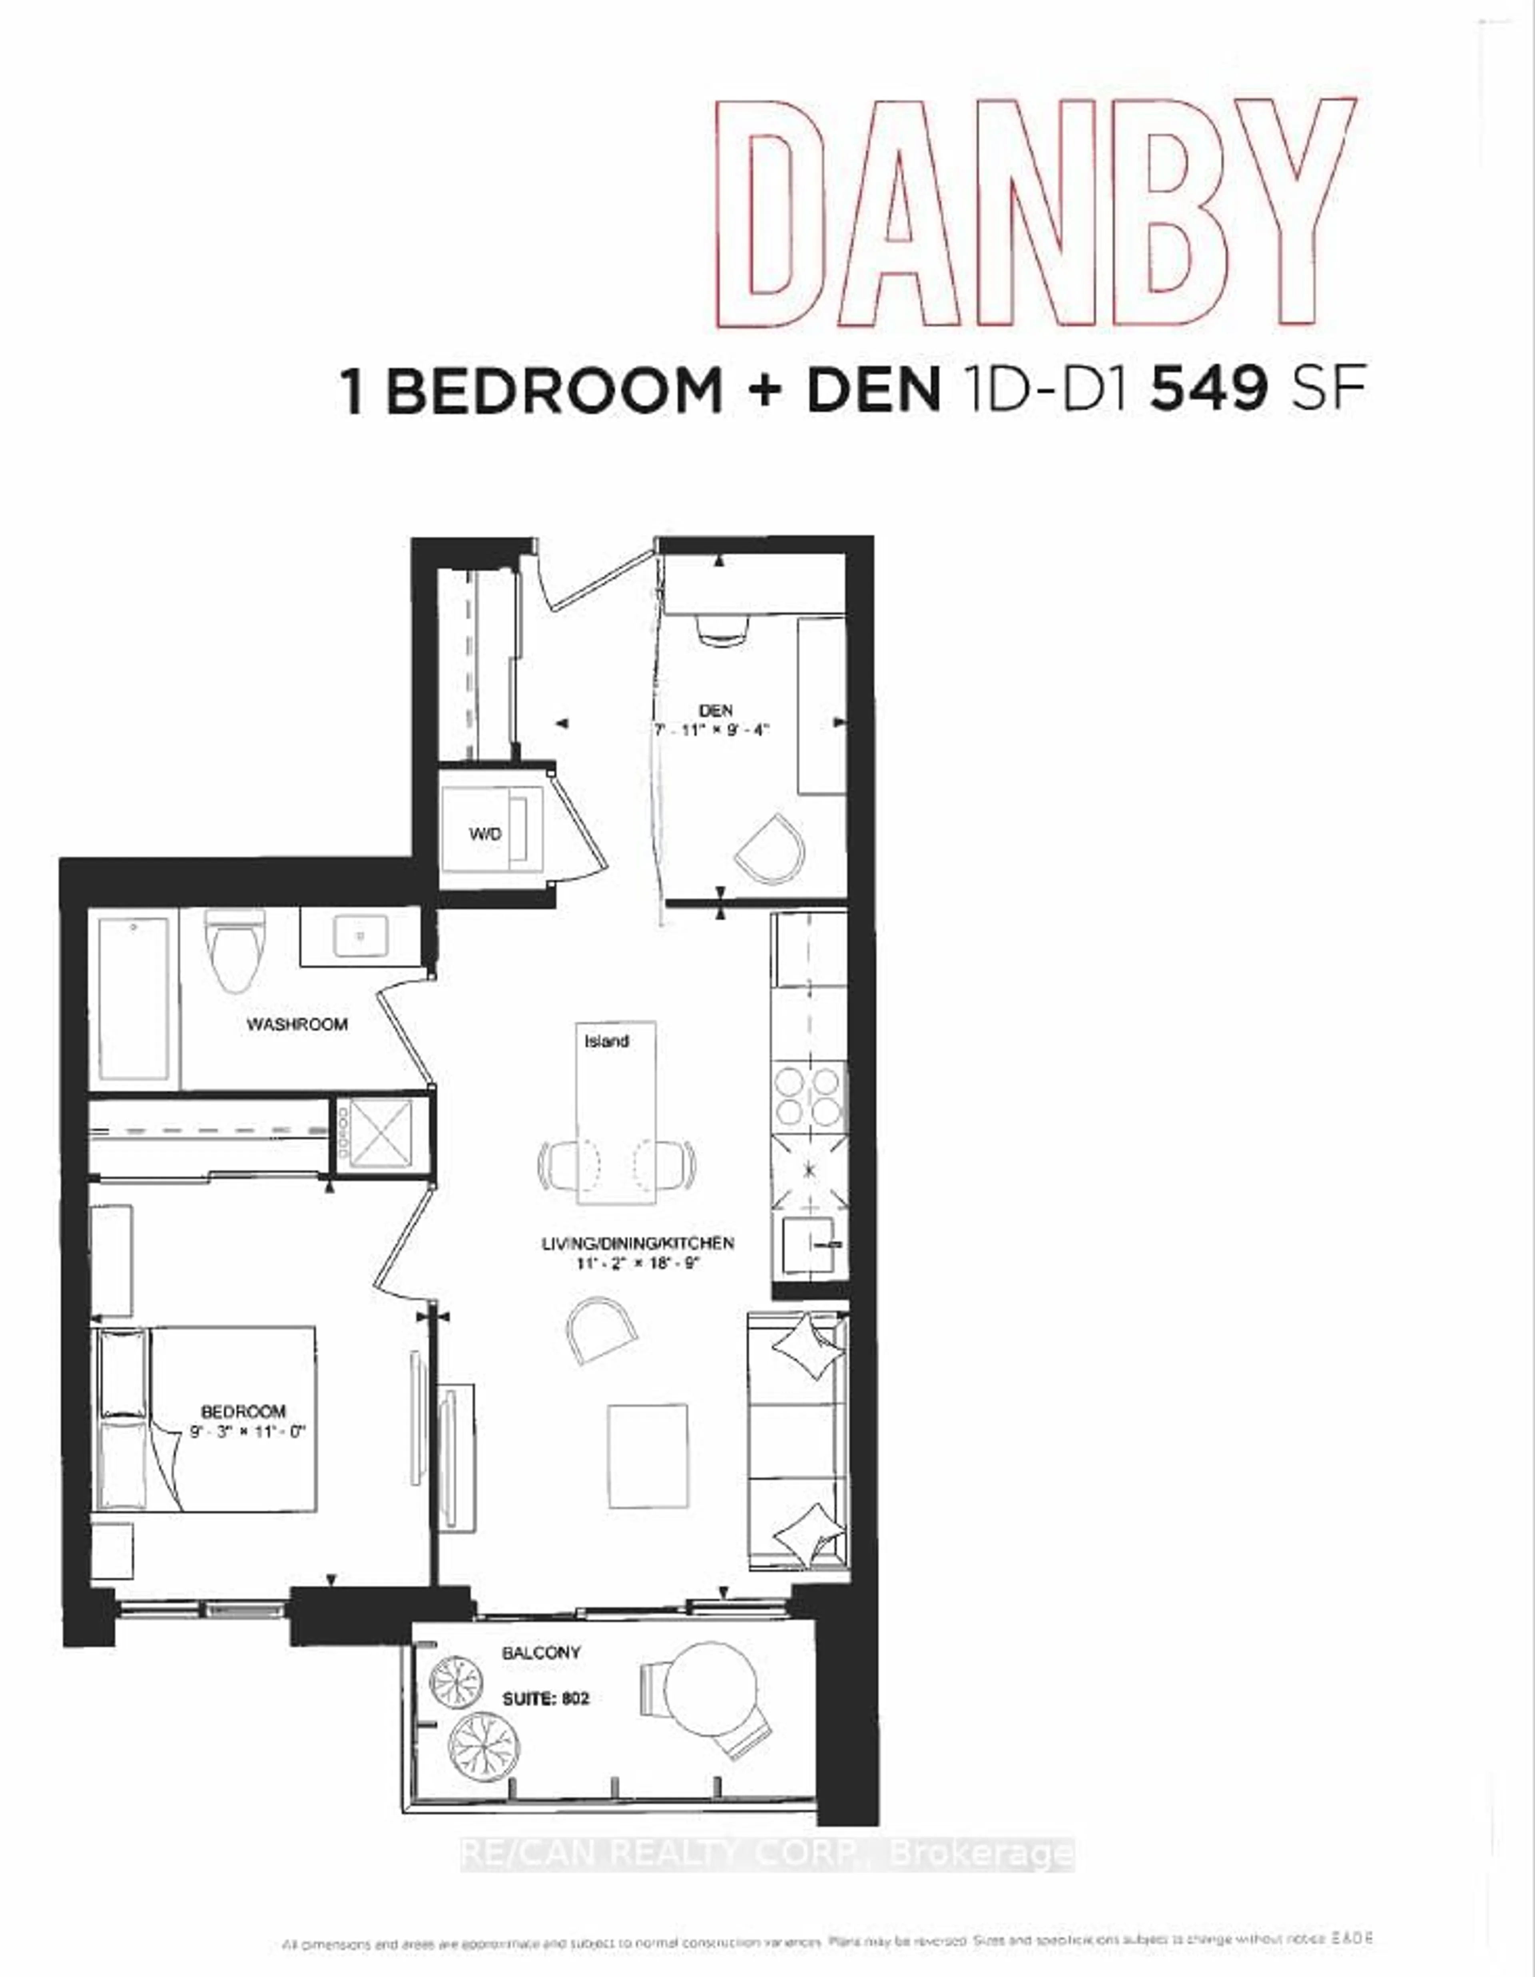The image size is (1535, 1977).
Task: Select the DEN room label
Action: pyautogui.click(x=716, y=711)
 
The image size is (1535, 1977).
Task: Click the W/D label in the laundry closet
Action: pyautogui.click(x=484, y=834)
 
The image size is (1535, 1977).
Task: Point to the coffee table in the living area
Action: pyautogui.click(x=648, y=1456)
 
